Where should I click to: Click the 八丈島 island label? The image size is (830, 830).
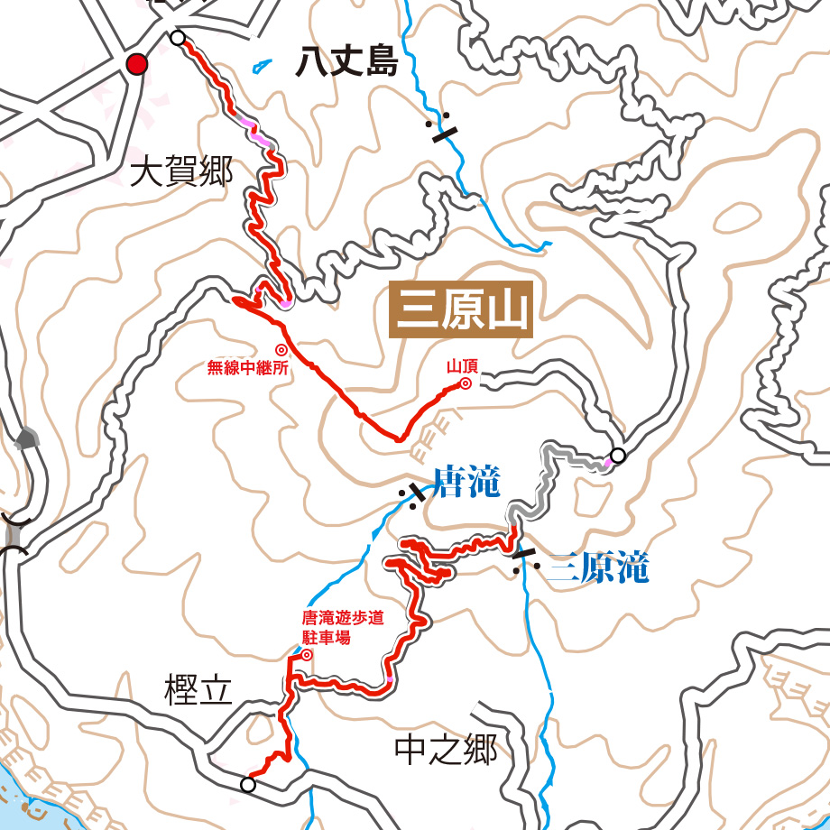[347, 64]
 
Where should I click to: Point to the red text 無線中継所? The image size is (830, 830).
[248, 367]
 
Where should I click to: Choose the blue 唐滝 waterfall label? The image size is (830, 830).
[466, 483]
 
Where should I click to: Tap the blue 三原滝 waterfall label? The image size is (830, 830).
[597, 568]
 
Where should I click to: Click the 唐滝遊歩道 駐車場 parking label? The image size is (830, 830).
[342, 627]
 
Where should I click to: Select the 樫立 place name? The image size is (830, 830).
[198, 691]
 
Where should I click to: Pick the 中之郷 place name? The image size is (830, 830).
[446, 749]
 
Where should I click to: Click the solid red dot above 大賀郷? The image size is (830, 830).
[137, 64]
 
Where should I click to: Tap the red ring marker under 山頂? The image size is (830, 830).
[466, 383]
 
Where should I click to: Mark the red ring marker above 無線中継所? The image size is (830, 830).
[281, 349]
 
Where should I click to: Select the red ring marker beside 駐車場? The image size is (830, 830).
[306, 655]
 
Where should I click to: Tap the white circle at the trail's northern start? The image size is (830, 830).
[178, 38]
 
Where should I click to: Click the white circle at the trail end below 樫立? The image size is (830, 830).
[248, 785]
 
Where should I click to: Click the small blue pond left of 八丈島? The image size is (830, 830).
[263, 65]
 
